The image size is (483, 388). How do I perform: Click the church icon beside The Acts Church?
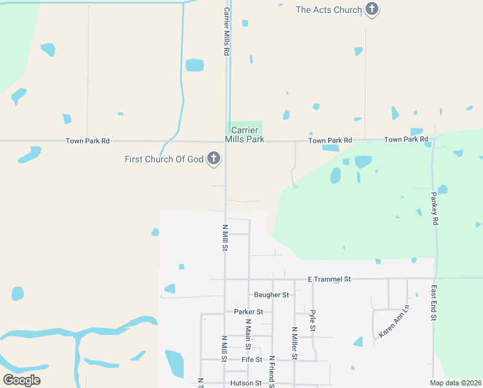(x=371, y=9)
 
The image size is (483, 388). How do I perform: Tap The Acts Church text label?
(x=329, y=10)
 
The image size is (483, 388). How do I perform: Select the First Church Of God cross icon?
(x=214, y=159)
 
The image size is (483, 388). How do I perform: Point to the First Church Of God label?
(x=164, y=159)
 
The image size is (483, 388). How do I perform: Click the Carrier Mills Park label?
(x=245, y=135)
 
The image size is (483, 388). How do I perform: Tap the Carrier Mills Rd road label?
(x=227, y=31)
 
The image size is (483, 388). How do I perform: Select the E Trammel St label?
(x=329, y=279)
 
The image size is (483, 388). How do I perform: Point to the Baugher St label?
(x=271, y=295)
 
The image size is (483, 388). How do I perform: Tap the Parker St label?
(x=249, y=312)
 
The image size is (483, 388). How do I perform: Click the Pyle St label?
(x=313, y=321)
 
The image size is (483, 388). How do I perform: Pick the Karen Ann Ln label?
(x=395, y=322)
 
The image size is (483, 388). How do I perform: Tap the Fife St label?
(x=252, y=360)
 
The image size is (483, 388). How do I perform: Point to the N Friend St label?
(x=272, y=372)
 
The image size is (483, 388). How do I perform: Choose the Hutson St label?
(x=245, y=383)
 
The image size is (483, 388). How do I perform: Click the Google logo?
(x=21, y=380)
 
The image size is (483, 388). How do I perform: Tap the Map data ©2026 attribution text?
(x=456, y=383)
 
